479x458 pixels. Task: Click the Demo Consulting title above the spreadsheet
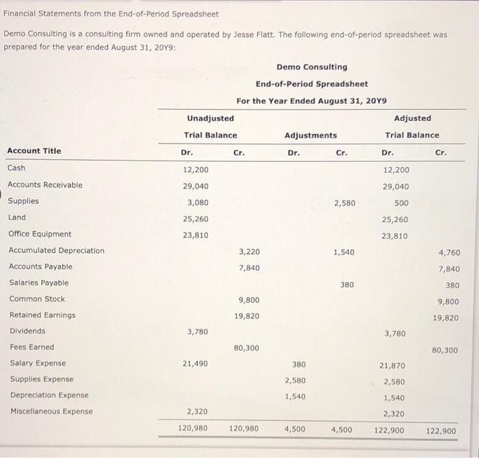point(311,67)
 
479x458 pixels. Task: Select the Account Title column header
point(34,151)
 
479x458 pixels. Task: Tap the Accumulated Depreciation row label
point(56,250)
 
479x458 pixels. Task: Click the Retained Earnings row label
point(42,315)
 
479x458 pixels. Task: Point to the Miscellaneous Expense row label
point(51,412)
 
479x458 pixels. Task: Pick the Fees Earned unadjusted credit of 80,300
point(246,348)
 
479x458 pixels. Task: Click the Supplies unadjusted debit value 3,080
point(198,202)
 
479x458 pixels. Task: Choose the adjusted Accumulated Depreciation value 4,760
point(448,253)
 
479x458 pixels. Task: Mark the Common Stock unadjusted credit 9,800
point(248,299)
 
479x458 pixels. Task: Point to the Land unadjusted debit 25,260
point(196,219)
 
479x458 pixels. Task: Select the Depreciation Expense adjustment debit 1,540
point(295,396)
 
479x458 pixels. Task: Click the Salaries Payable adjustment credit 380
point(347,284)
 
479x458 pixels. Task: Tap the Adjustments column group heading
point(311,135)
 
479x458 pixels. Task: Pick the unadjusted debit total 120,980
point(194,429)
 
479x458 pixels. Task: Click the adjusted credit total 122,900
point(441,431)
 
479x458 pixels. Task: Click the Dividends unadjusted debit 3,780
point(198,332)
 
